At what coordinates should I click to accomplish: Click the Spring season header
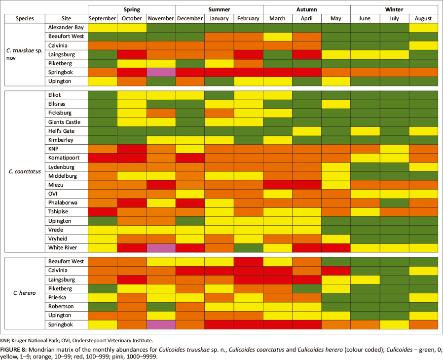(x=132, y=9)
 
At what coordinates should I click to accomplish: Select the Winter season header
(x=394, y=9)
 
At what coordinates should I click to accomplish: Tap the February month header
(x=248, y=19)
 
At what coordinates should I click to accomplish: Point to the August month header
(x=424, y=19)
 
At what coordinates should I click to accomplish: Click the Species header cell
(x=25, y=19)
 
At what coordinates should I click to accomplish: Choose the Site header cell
(x=66, y=19)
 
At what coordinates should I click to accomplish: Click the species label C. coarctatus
(x=25, y=171)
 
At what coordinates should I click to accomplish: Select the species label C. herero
(x=25, y=293)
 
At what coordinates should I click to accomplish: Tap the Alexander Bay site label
(x=66, y=28)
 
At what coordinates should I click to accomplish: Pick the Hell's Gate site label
(x=66, y=131)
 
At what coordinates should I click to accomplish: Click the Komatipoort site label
(x=66, y=158)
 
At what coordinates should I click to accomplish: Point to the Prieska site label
(x=66, y=297)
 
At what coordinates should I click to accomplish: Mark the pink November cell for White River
(x=161, y=247)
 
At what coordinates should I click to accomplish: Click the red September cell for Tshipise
(x=103, y=211)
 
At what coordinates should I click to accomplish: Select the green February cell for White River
(x=248, y=247)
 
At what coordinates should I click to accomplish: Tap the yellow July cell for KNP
(x=394, y=149)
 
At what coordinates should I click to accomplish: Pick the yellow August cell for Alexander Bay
(x=424, y=28)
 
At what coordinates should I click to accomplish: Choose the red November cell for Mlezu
(x=161, y=185)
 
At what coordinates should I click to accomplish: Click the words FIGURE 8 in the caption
(x=13, y=349)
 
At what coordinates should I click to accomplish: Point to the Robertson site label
(x=66, y=306)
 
